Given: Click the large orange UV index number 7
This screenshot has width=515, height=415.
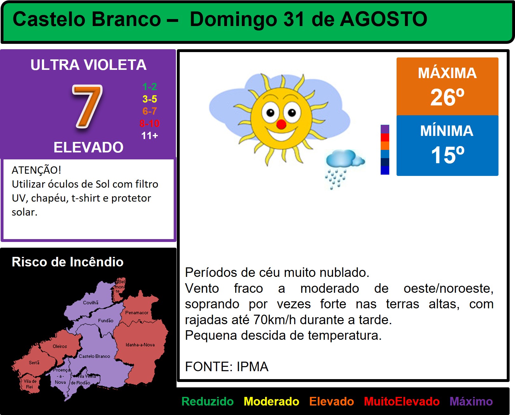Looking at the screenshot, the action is (x=87, y=106).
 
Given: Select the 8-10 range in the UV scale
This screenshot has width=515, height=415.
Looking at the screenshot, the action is (x=150, y=124).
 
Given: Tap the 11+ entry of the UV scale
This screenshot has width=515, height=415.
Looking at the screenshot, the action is (x=150, y=136).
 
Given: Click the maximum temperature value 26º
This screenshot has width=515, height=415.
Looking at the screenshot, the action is (x=447, y=97).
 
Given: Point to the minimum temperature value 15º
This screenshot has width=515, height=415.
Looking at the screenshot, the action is (x=447, y=155).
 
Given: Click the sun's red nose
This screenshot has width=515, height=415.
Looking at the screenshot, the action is (x=281, y=124).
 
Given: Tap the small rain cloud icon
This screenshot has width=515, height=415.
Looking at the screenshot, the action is (x=344, y=169).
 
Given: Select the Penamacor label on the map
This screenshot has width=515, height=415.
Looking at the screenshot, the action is (x=137, y=312).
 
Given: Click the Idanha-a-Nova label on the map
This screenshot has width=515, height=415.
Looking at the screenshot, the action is (x=140, y=345).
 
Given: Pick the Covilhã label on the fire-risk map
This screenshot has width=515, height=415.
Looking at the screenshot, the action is (x=91, y=303).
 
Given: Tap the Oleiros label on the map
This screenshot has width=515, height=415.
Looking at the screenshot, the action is (x=60, y=346).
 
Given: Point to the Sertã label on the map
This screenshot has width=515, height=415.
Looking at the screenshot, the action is (x=34, y=363).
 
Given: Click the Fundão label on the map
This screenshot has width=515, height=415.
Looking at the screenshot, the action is (x=105, y=320).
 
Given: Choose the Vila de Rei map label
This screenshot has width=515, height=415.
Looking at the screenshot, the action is (x=30, y=384).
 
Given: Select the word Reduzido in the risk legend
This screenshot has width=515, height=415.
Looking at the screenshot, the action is (x=207, y=401).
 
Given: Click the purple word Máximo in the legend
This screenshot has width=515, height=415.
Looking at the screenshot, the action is (x=471, y=401).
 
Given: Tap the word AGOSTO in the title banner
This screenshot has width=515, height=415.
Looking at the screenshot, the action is (x=384, y=19).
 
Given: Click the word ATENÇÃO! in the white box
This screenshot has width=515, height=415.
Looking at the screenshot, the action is (x=37, y=170).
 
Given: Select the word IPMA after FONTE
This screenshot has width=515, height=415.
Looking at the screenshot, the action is (x=252, y=366).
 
